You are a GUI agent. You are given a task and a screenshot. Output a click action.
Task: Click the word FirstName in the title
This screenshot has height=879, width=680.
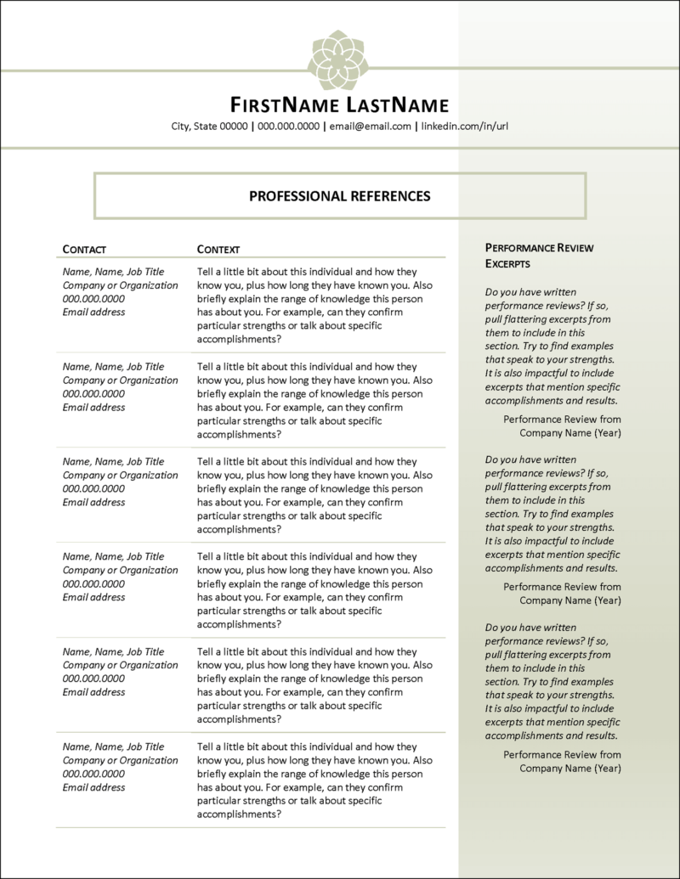click(286, 105)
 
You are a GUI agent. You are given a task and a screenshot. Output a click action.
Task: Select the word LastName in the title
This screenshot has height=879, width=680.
click(398, 105)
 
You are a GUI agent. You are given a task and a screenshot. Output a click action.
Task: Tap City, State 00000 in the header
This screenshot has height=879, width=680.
click(209, 127)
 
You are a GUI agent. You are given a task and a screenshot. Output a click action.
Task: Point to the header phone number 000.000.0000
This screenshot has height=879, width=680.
click(289, 127)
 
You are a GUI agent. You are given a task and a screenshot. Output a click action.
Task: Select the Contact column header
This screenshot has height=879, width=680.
click(84, 250)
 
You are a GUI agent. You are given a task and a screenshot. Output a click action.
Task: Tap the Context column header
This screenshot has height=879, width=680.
click(218, 250)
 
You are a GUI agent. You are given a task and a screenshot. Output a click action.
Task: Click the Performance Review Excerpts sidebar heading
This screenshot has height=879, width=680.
click(539, 256)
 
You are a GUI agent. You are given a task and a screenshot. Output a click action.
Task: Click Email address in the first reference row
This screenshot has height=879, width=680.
click(94, 312)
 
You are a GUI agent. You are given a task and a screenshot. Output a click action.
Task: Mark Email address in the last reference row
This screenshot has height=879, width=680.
click(94, 787)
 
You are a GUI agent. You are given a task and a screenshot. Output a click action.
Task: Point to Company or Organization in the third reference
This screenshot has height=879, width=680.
click(121, 475)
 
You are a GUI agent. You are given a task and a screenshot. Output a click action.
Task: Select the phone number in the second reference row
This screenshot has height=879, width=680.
click(94, 393)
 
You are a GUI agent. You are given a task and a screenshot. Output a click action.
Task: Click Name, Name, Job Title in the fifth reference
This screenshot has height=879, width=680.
click(114, 651)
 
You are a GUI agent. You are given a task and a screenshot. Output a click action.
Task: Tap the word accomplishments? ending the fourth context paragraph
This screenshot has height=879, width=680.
click(239, 624)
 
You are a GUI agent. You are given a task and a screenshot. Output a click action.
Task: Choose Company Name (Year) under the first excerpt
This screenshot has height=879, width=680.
click(570, 432)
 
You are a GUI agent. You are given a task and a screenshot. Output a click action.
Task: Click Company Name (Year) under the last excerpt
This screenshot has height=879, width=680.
click(570, 769)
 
